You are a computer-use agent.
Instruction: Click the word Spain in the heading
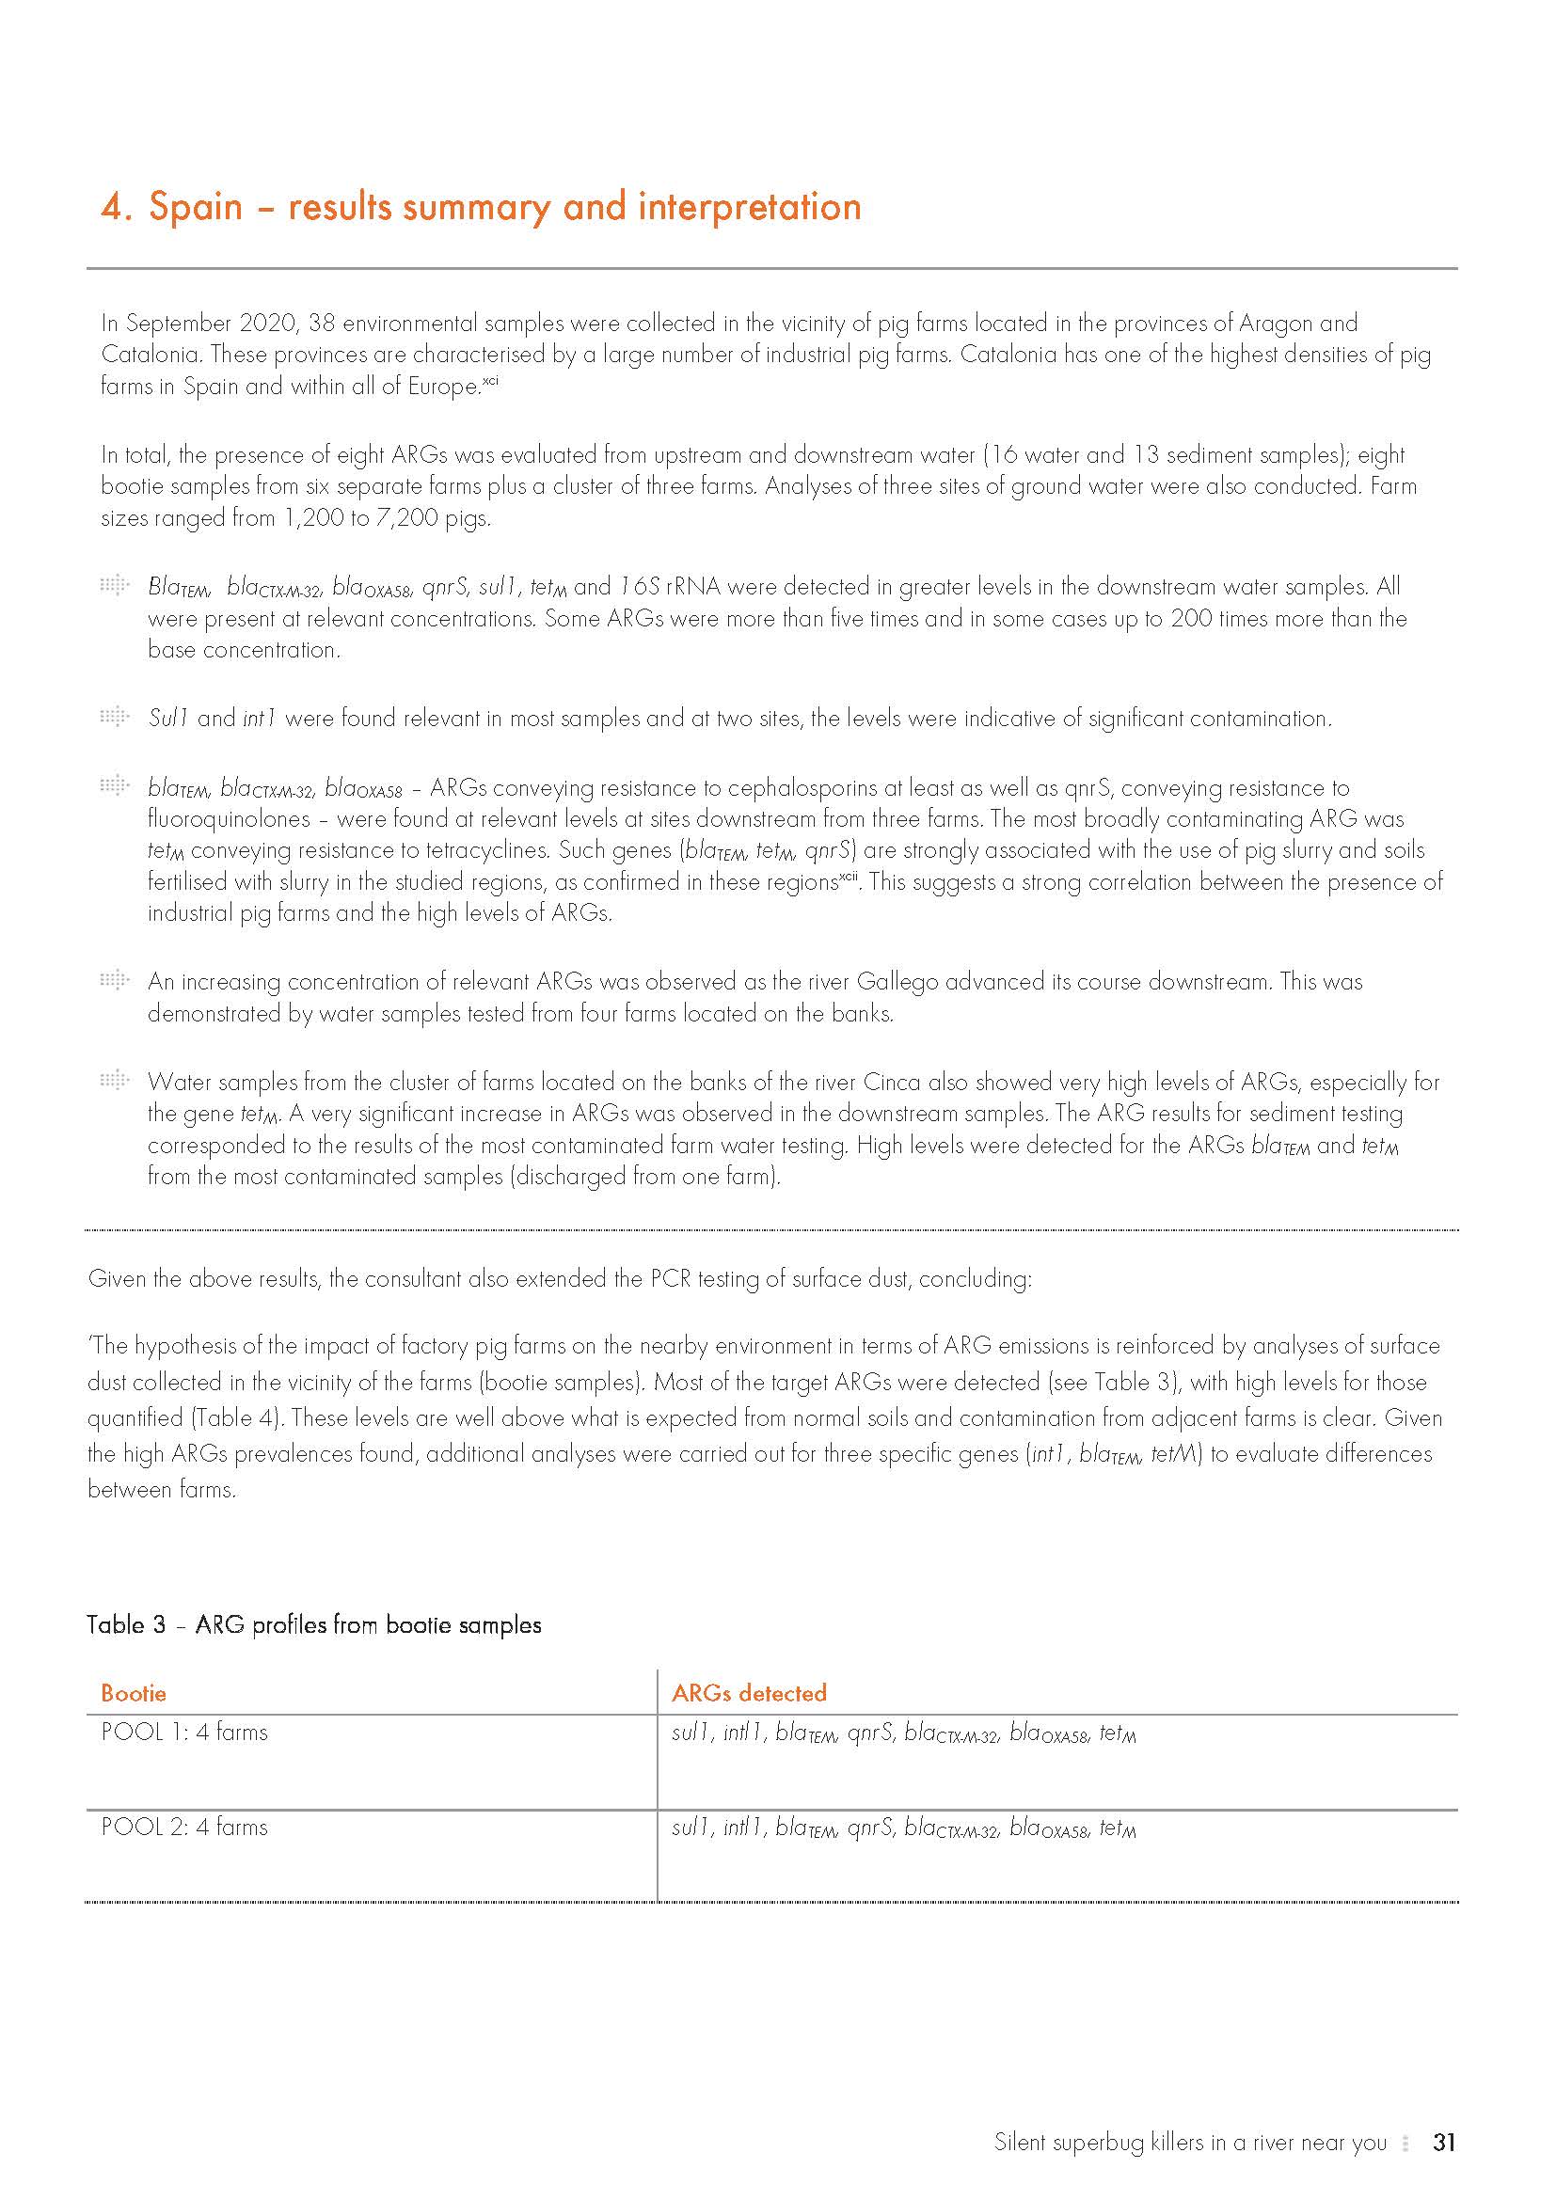196,208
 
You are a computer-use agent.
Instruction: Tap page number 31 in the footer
1444,2143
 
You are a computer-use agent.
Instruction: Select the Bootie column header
134,1693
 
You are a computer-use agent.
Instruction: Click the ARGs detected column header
748,1693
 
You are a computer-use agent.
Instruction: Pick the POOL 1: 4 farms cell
184,1733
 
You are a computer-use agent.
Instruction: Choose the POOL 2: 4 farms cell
184,1828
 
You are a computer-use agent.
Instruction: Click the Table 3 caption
313,1625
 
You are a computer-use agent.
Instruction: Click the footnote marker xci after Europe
489,381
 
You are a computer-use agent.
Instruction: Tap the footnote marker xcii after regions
848,876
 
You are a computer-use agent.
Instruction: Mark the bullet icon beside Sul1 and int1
114,717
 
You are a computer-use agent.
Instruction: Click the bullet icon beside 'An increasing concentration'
114,980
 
